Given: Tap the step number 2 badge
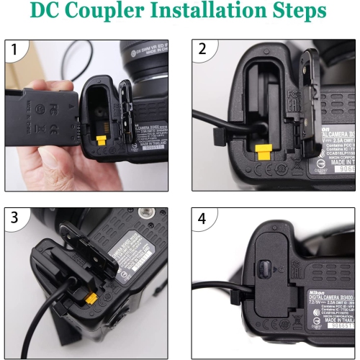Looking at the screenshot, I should (x=203, y=50).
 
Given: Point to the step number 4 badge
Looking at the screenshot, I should (x=203, y=218).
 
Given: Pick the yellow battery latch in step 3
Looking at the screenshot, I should (x=91, y=298).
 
